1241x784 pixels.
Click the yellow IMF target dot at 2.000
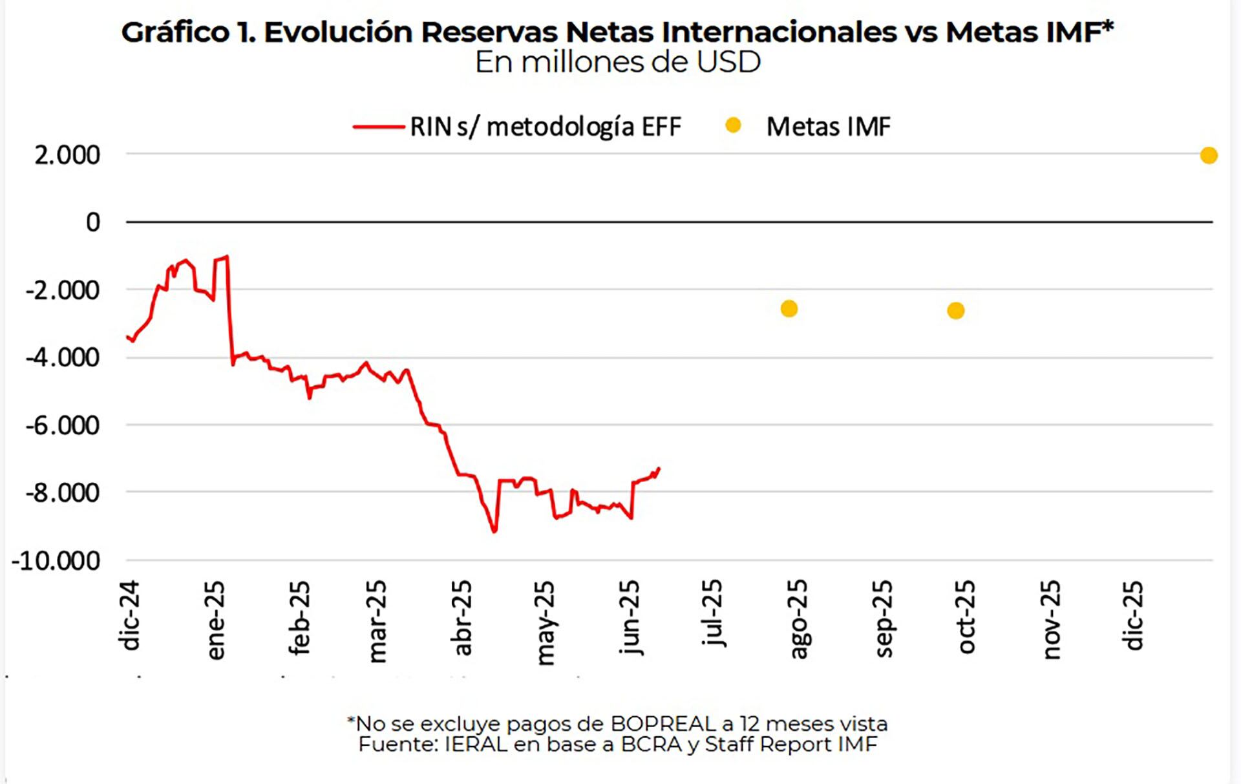(1208, 155)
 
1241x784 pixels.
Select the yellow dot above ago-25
(789, 309)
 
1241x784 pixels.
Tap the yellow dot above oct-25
(955, 311)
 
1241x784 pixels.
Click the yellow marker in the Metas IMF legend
(733, 125)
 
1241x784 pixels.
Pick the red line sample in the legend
(379, 127)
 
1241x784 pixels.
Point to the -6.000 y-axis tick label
(63, 425)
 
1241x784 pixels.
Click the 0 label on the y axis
(93, 222)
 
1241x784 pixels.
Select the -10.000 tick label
(56, 560)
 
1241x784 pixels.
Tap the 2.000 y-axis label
(67, 155)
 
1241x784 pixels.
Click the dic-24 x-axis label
(129, 615)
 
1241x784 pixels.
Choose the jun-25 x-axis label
(630, 617)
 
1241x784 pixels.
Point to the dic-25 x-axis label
(1133, 615)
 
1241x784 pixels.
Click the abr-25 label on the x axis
(463, 618)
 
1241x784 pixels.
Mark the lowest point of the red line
(494, 531)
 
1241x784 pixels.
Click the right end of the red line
(659, 468)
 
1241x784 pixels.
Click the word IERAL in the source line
(476, 744)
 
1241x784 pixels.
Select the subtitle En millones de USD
(618, 63)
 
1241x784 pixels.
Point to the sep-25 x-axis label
(883, 619)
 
